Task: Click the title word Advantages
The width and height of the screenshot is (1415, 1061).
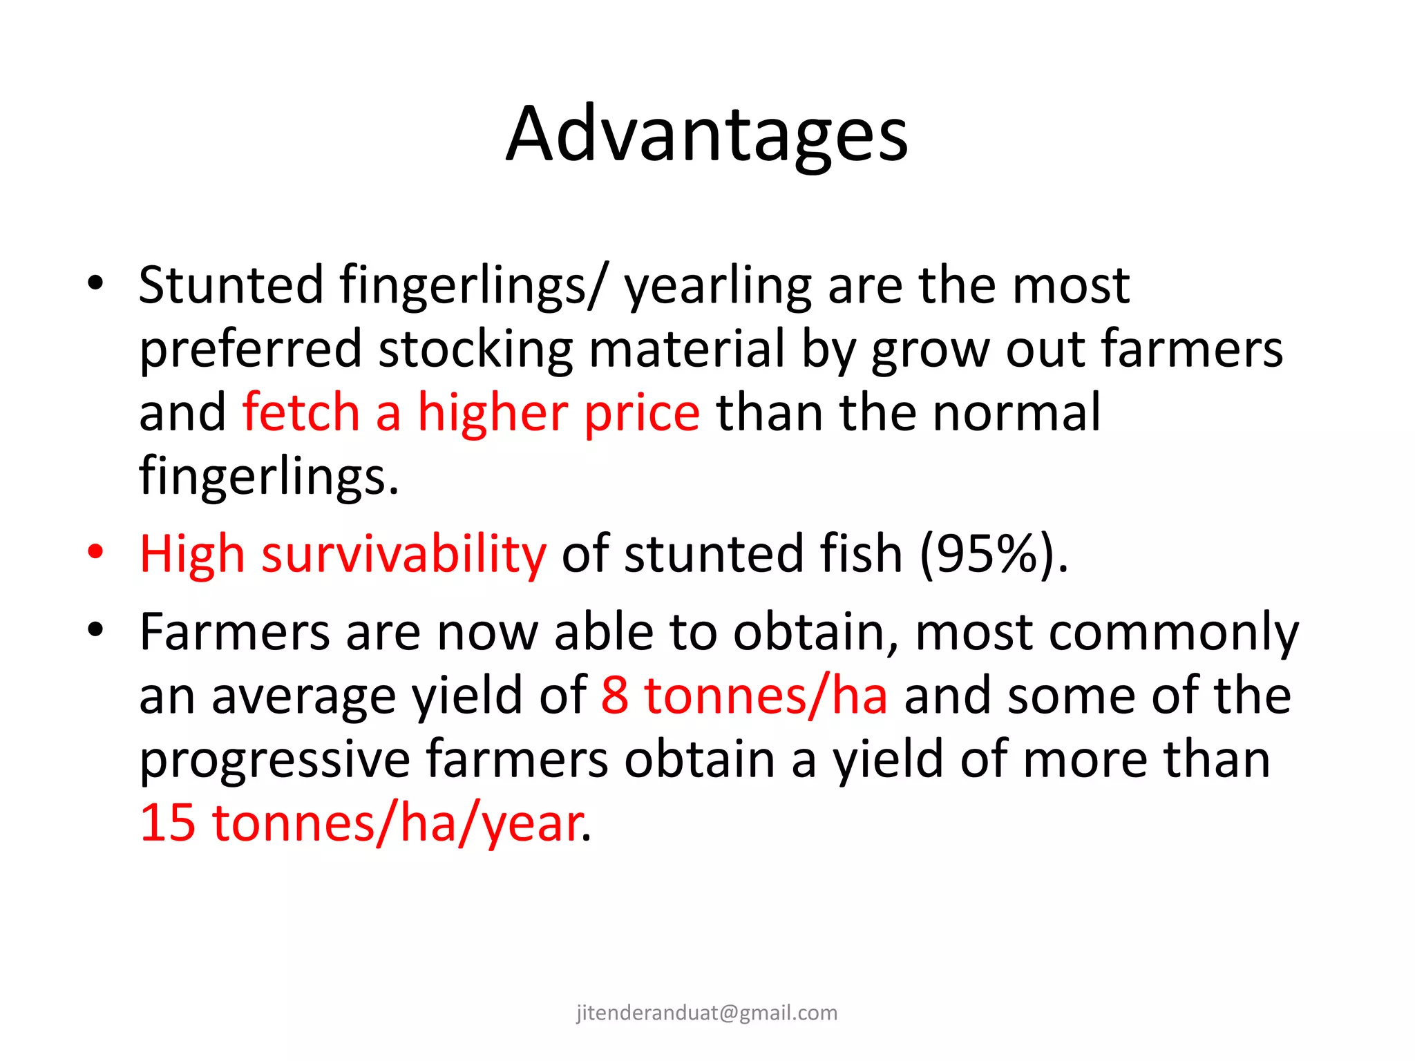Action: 706,135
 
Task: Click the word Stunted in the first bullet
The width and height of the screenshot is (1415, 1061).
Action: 231,285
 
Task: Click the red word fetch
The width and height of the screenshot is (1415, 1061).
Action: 301,412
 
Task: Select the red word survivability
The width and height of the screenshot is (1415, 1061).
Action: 403,555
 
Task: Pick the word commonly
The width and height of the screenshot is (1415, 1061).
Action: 1174,633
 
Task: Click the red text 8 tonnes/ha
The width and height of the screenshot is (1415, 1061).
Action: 744,696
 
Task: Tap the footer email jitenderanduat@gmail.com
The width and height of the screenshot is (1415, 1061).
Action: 707,1013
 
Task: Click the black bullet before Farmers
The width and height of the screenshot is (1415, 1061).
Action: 95,630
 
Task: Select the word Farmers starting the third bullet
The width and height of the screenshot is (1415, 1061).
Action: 234,632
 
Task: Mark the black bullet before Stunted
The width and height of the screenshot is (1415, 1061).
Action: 95,283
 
